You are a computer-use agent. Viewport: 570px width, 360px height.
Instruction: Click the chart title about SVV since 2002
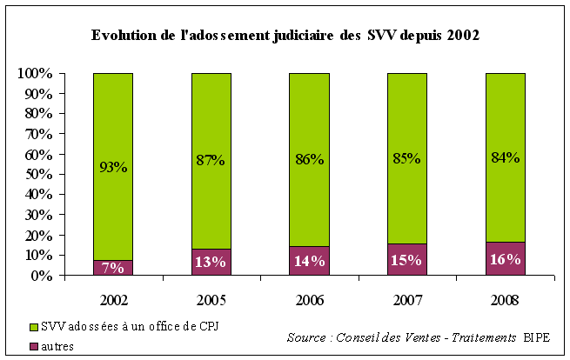tap(285, 37)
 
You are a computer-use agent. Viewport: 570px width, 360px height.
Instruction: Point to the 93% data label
tap(113, 167)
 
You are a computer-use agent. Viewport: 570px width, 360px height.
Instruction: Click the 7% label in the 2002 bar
tap(113, 268)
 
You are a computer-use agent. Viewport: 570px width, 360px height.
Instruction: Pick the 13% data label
tap(211, 262)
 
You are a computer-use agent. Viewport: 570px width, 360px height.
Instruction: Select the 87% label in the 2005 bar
tap(211, 160)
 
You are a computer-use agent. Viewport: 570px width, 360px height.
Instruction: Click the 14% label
tap(309, 261)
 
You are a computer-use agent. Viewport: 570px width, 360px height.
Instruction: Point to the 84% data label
tap(505, 157)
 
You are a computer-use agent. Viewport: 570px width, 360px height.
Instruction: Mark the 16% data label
tap(505, 259)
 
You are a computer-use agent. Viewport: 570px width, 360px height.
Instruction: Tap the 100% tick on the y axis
tap(35, 73)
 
